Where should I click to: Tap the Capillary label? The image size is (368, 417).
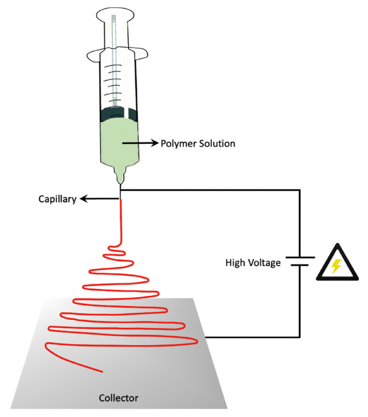[57, 199]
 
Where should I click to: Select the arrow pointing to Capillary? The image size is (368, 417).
[98, 199]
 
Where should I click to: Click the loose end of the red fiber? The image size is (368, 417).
[102, 371]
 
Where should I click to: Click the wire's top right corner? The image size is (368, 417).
[300, 189]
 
